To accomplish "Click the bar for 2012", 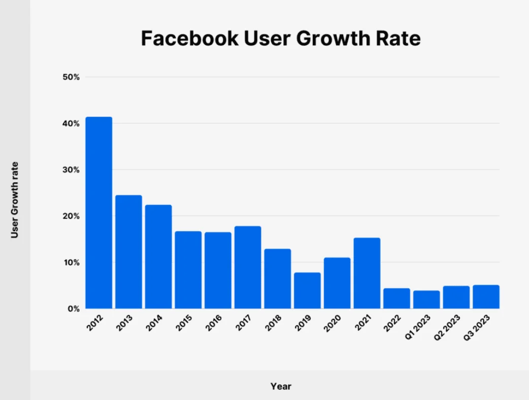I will tap(98, 213).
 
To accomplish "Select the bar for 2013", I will tap(128, 252).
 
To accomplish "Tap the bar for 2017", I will tap(248, 267).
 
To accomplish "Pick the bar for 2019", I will tap(307, 290).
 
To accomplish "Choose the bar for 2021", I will tap(367, 273).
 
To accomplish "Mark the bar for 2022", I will tap(396, 298).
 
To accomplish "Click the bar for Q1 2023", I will tap(426, 299).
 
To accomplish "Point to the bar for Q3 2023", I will tap(486, 297).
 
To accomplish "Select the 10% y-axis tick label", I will tap(71, 262).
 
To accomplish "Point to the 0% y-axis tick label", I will tap(73, 309).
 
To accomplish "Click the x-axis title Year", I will tap(281, 386).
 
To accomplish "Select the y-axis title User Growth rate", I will tap(15, 200).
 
